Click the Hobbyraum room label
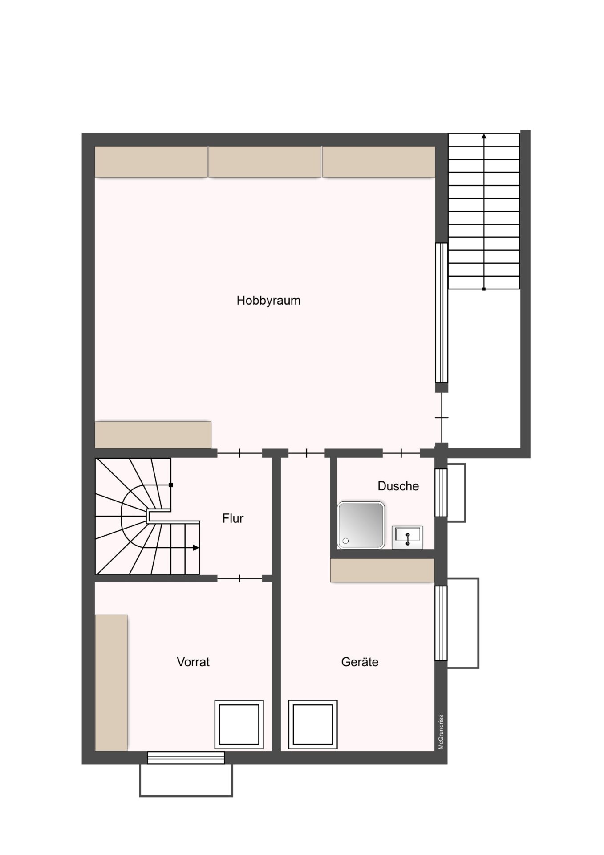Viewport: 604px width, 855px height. click(268, 301)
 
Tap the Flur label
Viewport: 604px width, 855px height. click(233, 518)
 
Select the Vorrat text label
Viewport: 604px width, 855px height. click(193, 662)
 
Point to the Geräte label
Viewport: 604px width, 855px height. click(360, 662)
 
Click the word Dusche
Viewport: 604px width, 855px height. click(398, 486)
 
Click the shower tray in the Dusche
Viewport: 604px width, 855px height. click(361, 525)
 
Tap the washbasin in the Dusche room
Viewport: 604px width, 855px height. click(407, 537)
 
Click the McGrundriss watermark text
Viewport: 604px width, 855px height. click(441, 732)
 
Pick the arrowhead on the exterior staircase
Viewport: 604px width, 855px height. click(484, 136)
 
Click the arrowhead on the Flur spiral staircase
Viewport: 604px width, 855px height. click(196, 548)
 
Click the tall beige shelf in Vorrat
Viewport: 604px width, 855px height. click(111, 683)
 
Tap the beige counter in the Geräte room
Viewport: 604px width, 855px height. click(382, 570)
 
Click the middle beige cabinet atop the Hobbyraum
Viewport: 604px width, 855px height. click(265, 162)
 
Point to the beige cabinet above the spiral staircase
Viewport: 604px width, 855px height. click(153, 435)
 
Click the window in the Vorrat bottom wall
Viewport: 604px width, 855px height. click(186, 758)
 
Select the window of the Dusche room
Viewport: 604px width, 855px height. click(441, 493)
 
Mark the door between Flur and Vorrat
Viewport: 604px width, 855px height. click(239, 578)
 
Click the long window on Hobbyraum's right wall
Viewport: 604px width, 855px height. click(442, 313)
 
